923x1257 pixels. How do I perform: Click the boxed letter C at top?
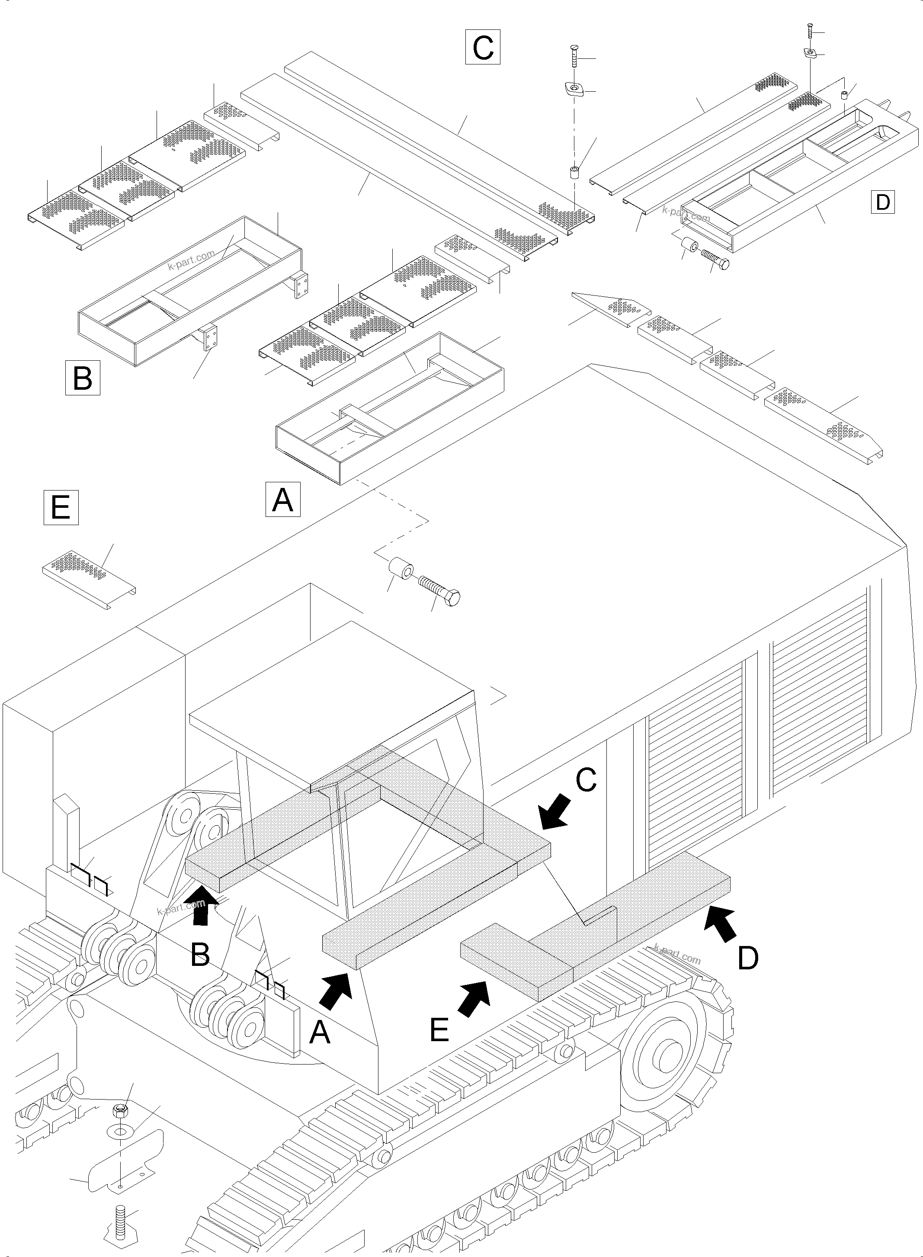tap(483, 48)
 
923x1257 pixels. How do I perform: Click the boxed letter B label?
tap(83, 378)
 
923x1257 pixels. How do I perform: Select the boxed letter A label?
tap(283, 499)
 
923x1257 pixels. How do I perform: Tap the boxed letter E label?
tap(61, 507)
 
